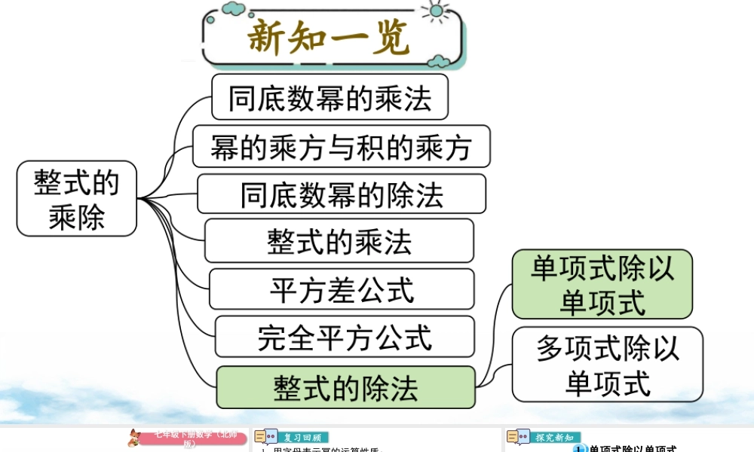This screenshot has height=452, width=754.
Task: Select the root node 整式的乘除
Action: [77, 198]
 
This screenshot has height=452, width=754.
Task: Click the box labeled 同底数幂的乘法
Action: [329, 97]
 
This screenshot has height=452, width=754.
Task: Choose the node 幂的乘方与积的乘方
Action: [341, 146]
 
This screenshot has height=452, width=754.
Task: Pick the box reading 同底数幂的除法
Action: [342, 194]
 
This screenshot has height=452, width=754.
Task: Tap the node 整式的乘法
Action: [339, 241]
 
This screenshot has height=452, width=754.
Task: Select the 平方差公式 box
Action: [342, 289]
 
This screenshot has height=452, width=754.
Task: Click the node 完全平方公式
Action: [345, 336]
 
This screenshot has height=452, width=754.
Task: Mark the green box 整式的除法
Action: [345, 387]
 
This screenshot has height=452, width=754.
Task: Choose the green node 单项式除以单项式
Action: [602, 284]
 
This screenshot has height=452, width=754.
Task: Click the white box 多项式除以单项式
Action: [607, 364]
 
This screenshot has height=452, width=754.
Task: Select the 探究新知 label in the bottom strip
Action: [553, 438]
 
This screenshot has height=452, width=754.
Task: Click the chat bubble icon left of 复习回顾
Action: [265, 438]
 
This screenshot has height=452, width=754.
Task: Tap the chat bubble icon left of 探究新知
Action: [518, 438]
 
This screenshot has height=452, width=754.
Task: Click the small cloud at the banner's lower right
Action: [439, 60]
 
